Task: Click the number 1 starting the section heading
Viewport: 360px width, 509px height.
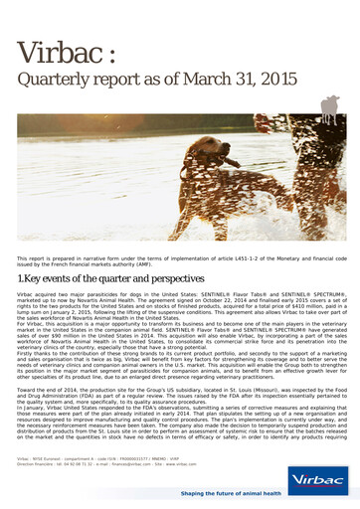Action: click(21, 280)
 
